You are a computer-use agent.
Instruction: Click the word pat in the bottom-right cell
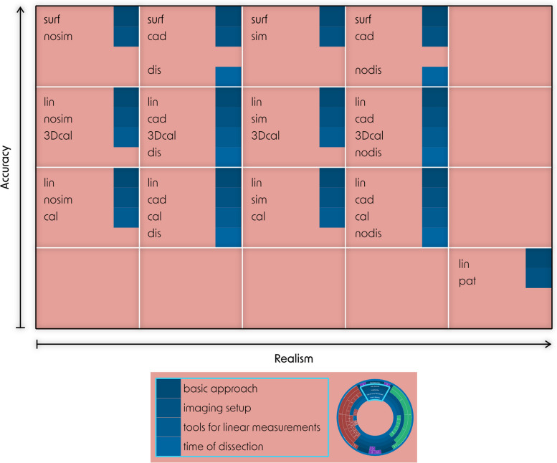(x=467, y=281)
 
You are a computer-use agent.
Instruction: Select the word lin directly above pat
(x=465, y=264)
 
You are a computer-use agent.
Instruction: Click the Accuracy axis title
(x=6, y=168)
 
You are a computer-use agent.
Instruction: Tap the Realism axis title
(x=294, y=357)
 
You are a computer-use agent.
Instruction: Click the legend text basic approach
(x=220, y=388)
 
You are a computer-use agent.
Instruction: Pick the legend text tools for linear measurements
(x=251, y=427)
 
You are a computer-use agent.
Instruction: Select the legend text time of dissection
(x=224, y=447)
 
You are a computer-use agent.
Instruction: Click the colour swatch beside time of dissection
(x=168, y=447)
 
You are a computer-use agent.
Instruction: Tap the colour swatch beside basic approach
(x=168, y=388)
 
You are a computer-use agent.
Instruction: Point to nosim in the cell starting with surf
(x=58, y=36)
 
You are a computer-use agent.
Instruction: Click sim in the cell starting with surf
(x=259, y=36)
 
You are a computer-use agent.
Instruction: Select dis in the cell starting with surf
(x=153, y=70)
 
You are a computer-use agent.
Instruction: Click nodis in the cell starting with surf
(x=368, y=70)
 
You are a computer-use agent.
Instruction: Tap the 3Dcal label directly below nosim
(x=60, y=135)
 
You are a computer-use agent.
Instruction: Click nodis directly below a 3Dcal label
(x=368, y=152)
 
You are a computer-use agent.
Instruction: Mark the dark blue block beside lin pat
(x=538, y=268)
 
